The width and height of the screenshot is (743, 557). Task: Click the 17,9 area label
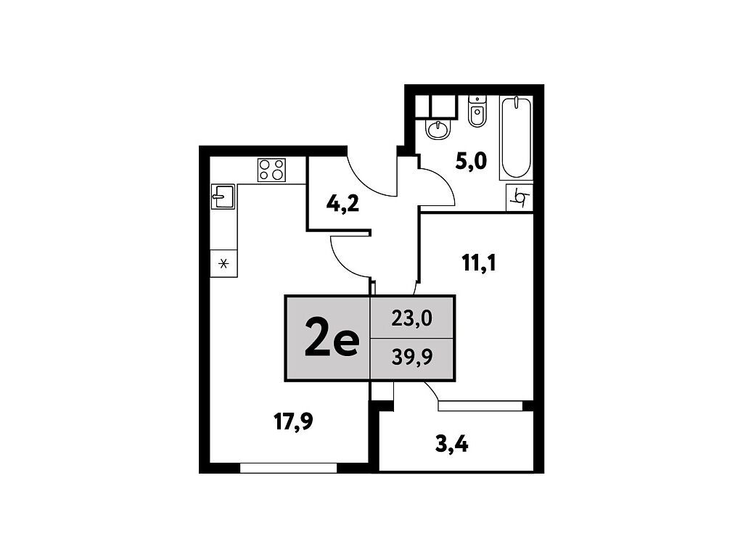[294, 421]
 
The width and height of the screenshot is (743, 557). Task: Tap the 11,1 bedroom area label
[479, 263]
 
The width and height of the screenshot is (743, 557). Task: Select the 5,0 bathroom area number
[471, 162]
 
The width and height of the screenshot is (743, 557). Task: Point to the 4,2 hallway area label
[342, 205]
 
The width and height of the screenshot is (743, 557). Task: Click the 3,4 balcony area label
[451, 445]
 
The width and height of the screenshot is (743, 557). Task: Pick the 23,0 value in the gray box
[412, 318]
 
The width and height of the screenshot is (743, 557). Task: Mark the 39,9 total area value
[412, 358]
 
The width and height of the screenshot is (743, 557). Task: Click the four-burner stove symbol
[271, 170]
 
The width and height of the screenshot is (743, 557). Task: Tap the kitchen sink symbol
[223, 197]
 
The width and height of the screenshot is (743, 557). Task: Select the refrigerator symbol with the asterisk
[223, 263]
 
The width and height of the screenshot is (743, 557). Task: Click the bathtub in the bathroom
[516, 138]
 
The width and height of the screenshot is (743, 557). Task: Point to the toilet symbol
[477, 111]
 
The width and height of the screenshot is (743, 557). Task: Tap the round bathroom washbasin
[438, 129]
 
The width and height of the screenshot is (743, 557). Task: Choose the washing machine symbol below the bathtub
[520, 197]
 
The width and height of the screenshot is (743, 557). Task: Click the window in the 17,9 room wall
[288, 468]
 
